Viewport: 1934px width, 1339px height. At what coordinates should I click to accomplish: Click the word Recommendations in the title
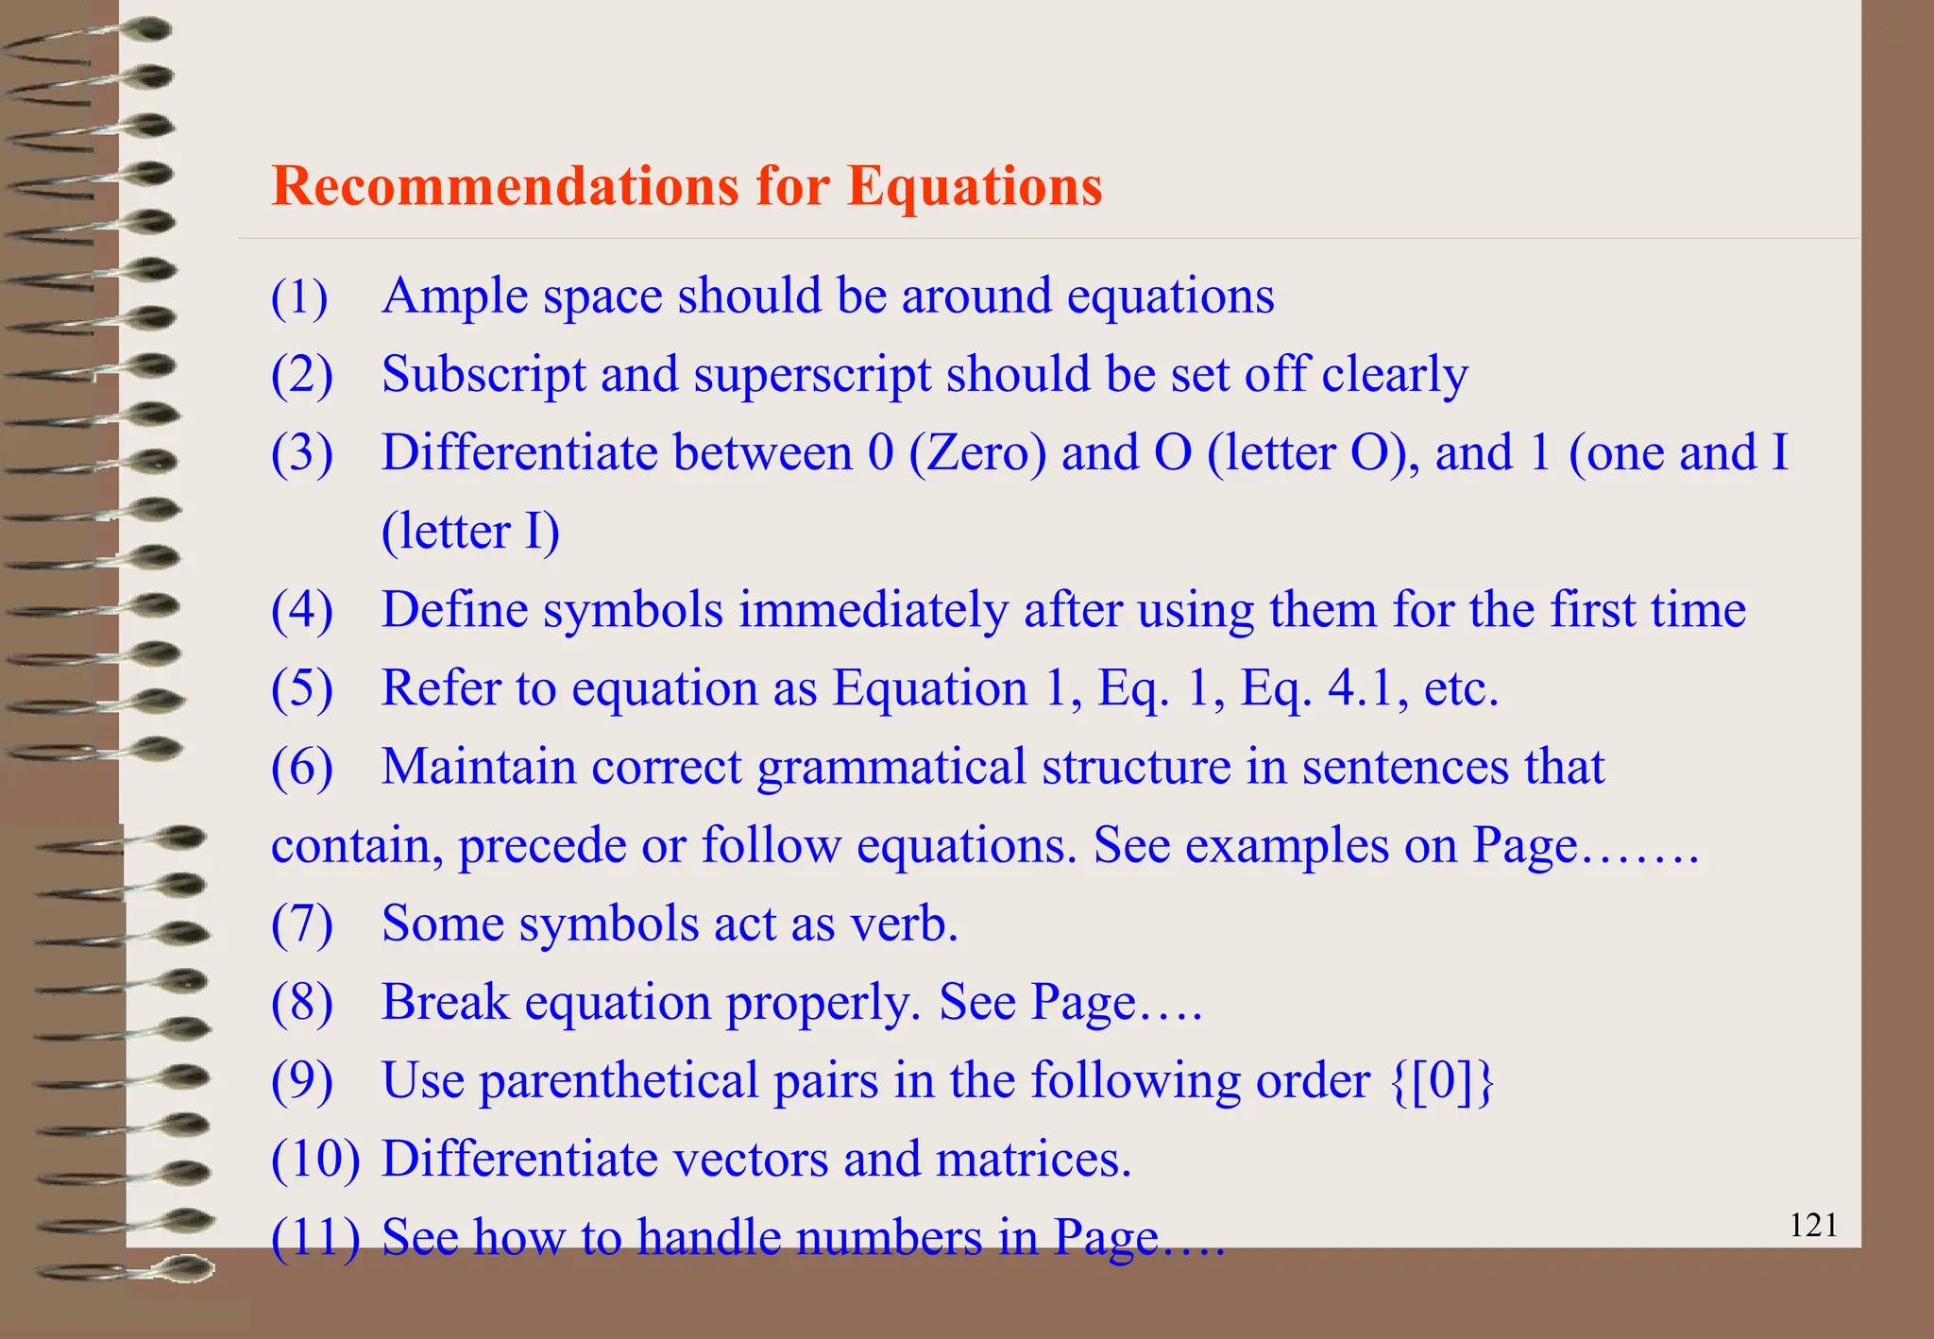pyautogui.click(x=504, y=185)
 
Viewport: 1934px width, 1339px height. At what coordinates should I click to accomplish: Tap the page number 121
pyautogui.click(x=1813, y=1226)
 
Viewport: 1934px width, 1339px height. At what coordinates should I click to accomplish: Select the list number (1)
pyautogui.click(x=299, y=297)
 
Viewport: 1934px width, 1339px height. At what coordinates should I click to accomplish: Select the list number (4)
pyautogui.click(x=301, y=611)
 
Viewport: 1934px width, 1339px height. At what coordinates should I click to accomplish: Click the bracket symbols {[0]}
pyautogui.click(x=1442, y=1080)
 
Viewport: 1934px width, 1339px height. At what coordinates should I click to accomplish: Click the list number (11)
pyautogui.click(x=314, y=1238)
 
